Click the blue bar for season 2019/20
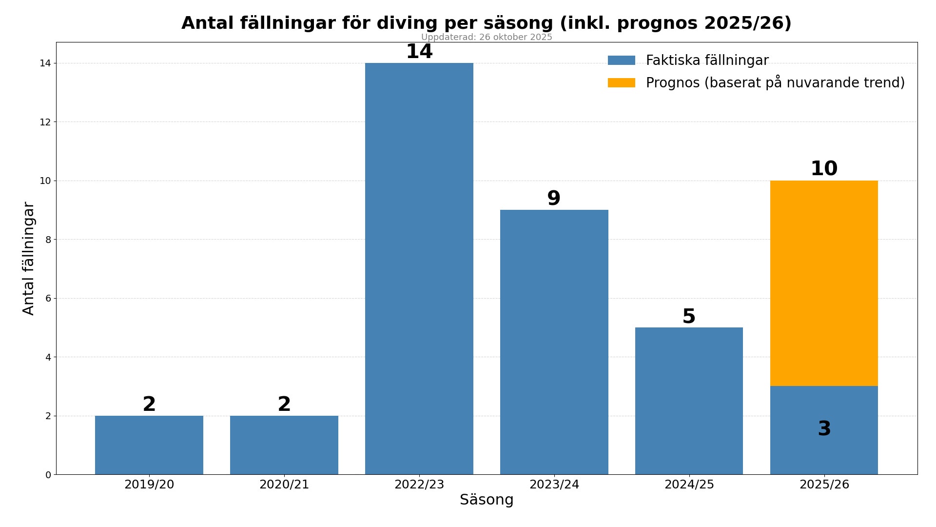coord(149,445)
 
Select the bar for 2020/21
coord(284,445)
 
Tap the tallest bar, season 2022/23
coord(419,268)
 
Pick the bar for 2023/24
coord(554,342)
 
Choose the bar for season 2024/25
coord(689,401)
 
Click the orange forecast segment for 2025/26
coord(824,283)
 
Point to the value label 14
coord(419,52)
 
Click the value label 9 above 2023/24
coord(554,199)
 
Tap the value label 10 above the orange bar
coord(824,169)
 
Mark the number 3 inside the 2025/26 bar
coord(824,429)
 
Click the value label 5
coord(689,317)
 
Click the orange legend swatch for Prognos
coord(622,83)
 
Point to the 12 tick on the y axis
coord(45,122)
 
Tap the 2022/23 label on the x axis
coord(419,485)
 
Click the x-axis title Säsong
coord(487,500)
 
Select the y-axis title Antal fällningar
coord(29,259)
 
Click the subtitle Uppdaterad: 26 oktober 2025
coord(487,37)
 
